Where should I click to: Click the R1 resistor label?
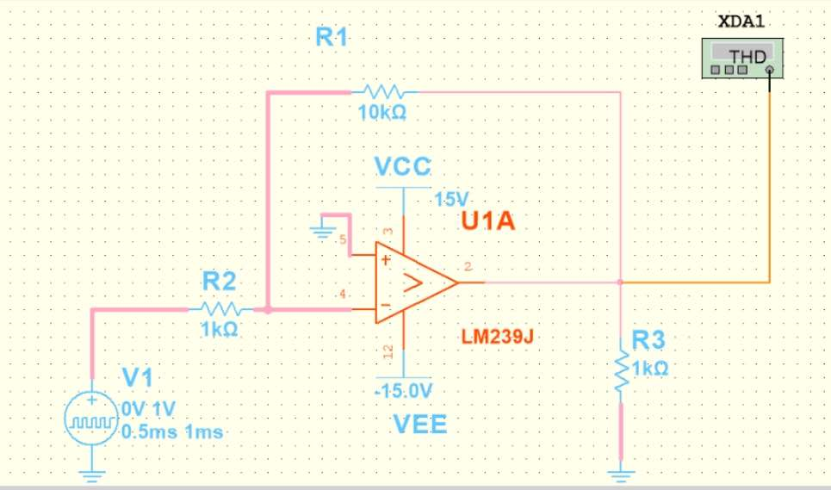(x=332, y=36)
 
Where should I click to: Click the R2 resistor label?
(x=220, y=281)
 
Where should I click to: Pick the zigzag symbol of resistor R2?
(x=220, y=308)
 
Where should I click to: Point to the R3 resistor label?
(x=649, y=340)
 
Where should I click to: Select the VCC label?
(x=403, y=165)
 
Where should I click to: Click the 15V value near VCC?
(x=450, y=199)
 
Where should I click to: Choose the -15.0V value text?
(x=403, y=391)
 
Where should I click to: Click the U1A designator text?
(x=487, y=221)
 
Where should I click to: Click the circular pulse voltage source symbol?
(x=91, y=421)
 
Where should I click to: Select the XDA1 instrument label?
(x=740, y=21)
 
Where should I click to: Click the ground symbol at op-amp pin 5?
(x=324, y=231)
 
